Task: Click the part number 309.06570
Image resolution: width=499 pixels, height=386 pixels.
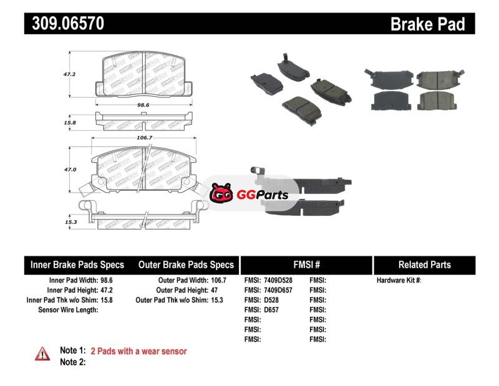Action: (x=64, y=24)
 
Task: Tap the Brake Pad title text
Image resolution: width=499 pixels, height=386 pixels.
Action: (x=427, y=24)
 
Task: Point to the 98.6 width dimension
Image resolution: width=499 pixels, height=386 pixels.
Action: (x=143, y=105)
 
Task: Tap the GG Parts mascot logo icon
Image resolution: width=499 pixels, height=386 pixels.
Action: (x=221, y=194)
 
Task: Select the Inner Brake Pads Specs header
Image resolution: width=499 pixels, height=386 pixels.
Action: (x=77, y=264)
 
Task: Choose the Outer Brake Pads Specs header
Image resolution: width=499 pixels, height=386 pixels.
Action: (x=186, y=264)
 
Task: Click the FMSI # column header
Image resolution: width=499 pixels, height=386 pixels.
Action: (x=306, y=264)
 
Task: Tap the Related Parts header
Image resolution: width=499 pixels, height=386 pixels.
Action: (x=425, y=264)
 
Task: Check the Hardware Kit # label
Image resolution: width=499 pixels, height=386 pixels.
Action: (x=399, y=281)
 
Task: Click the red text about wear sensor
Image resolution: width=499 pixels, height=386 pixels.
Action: (x=138, y=351)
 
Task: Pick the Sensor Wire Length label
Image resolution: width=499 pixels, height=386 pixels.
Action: (x=68, y=310)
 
